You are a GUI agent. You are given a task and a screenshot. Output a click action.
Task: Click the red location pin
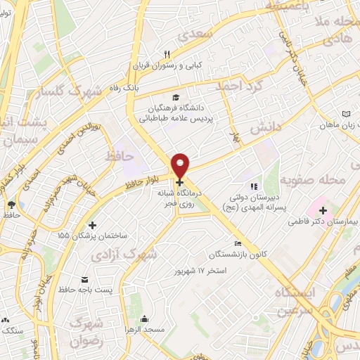pos(181,164)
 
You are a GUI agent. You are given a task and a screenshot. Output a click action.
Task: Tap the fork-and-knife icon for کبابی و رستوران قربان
pos(167,54)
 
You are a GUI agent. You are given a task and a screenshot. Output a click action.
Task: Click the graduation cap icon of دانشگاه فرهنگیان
pos(174,97)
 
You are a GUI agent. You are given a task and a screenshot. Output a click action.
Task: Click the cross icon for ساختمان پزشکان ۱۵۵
pos(92,225)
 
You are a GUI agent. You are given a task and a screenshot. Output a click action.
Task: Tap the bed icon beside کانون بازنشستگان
pos(238,243)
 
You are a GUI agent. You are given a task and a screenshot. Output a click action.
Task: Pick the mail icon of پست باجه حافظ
pos(86,279)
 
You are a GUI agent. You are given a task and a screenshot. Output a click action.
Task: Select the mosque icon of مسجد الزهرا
pos(144,319)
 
